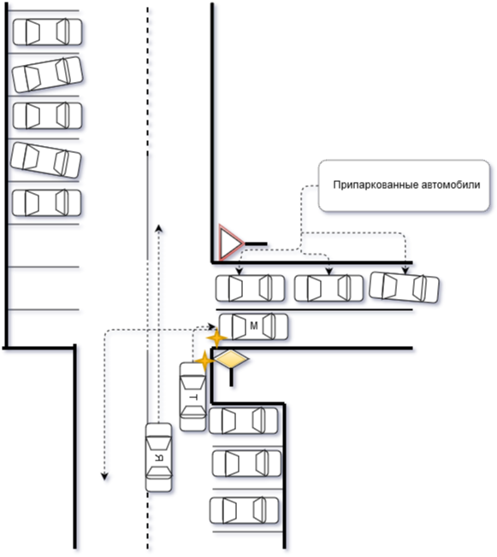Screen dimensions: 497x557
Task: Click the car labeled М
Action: click(x=253, y=326)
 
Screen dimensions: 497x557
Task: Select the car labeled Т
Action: click(x=192, y=396)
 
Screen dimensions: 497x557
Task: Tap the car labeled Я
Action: click(x=158, y=457)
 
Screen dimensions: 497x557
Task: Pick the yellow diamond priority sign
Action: click(x=231, y=359)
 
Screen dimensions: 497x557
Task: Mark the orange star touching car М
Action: click(x=217, y=337)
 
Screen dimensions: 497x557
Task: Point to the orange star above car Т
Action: click(x=204, y=361)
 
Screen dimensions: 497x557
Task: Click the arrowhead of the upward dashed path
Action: click(x=159, y=228)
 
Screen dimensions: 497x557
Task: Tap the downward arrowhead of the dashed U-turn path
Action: click(x=104, y=477)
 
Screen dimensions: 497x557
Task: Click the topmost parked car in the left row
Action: click(x=47, y=32)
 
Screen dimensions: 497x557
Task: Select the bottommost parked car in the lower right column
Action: click(x=244, y=511)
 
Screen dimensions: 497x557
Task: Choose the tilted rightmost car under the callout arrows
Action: click(x=404, y=287)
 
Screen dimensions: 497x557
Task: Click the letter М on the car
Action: click(x=254, y=325)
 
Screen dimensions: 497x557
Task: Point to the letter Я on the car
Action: click(x=159, y=458)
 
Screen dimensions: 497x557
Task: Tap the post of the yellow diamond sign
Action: click(x=231, y=378)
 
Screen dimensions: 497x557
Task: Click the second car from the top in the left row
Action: click(x=47, y=74)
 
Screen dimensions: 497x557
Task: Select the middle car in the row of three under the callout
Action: click(x=328, y=288)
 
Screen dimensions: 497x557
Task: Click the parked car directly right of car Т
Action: click(x=243, y=420)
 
